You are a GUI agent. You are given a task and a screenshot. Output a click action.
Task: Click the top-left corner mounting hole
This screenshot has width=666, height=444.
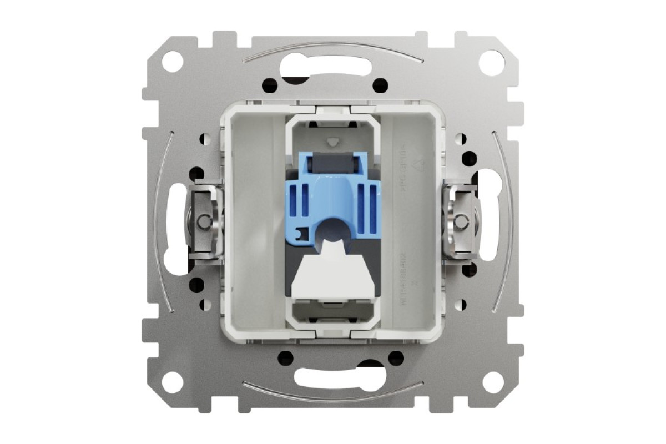174,60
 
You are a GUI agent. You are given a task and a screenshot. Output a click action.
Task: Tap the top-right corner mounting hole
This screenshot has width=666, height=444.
492,60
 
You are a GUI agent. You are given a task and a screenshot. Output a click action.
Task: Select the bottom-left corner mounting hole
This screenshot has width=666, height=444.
174,383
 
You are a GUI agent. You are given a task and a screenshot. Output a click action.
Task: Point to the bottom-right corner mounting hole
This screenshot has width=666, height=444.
492,383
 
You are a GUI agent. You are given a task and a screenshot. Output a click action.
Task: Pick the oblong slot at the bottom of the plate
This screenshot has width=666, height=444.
333,378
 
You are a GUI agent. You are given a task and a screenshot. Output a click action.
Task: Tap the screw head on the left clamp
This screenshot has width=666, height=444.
206,221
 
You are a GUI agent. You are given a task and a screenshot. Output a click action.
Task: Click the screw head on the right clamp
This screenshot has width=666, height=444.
460,221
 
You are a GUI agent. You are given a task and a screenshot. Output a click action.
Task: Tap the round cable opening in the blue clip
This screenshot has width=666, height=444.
333,229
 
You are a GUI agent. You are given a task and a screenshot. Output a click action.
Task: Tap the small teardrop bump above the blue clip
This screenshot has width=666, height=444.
333,141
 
